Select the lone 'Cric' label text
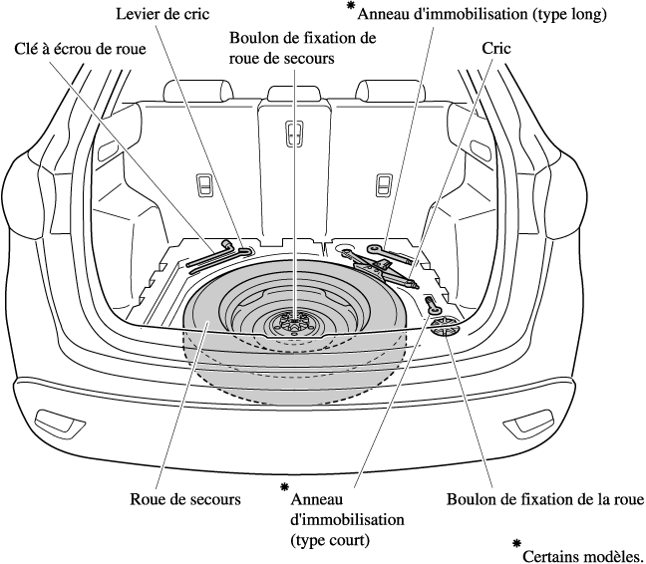pyautogui.click(x=496, y=48)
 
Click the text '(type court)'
pyautogui.click(x=329, y=540)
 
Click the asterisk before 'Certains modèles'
pyautogui.click(x=515, y=544)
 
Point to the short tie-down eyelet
pyautogui.click(x=434, y=306)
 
